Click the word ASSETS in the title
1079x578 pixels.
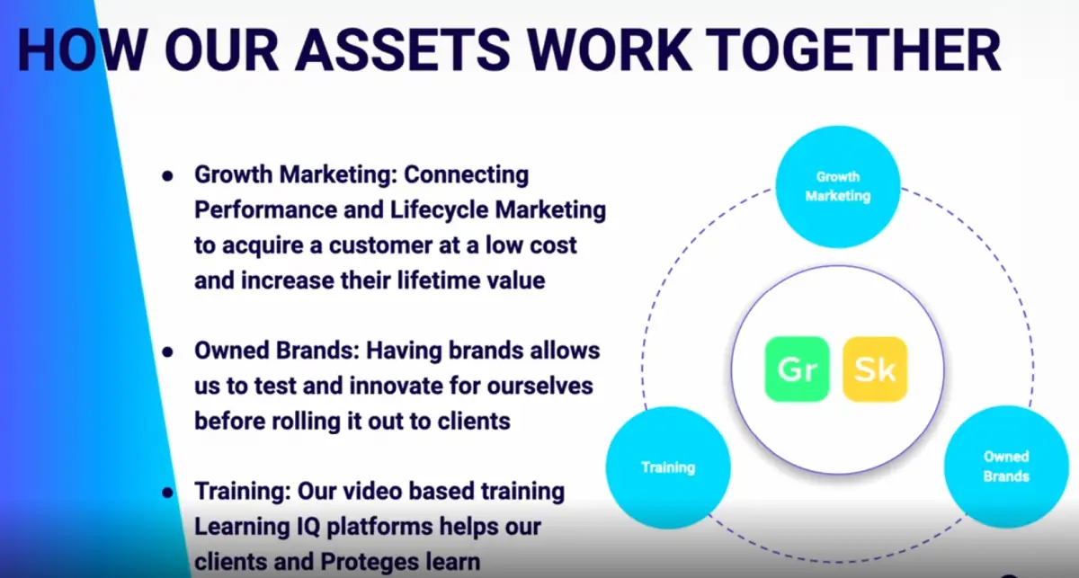pyautogui.click(x=402, y=50)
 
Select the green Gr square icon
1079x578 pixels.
pyautogui.click(x=797, y=369)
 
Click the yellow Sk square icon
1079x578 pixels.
pyautogui.click(x=875, y=369)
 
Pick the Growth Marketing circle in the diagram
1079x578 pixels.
pyautogui.click(x=838, y=187)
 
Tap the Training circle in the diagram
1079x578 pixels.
pyautogui.click(x=668, y=467)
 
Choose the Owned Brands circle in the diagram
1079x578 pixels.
pyautogui.click(x=1006, y=467)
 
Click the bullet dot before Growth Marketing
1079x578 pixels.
pyautogui.click(x=167, y=176)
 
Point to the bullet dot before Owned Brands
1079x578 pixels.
pyautogui.click(x=167, y=352)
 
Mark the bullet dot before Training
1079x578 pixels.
pyautogui.click(x=167, y=493)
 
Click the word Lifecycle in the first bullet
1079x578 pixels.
pyautogui.click(x=439, y=210)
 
